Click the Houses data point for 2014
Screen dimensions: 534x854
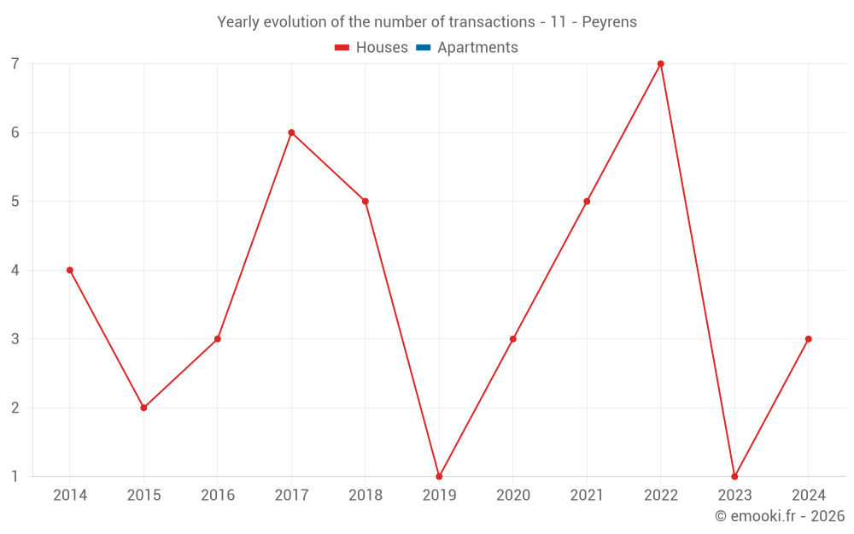70,270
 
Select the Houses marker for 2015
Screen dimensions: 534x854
143,408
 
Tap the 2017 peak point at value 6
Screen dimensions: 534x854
291,132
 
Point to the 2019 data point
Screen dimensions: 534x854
439,477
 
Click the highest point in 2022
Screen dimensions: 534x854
661,64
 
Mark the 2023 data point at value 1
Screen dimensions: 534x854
734,477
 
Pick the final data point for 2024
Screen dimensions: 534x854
808,339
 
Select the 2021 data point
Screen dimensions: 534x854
587,202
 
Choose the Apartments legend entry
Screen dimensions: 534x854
477,48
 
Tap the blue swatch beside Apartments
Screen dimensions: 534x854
423,48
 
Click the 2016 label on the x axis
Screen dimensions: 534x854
218,496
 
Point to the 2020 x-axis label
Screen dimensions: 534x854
513,496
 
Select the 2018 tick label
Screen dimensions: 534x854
366,496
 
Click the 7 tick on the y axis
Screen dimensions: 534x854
15,64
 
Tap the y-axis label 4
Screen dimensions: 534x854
15,270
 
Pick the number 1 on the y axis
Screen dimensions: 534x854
15,477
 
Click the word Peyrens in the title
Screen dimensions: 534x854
610,22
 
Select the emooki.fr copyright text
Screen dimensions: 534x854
780,516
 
